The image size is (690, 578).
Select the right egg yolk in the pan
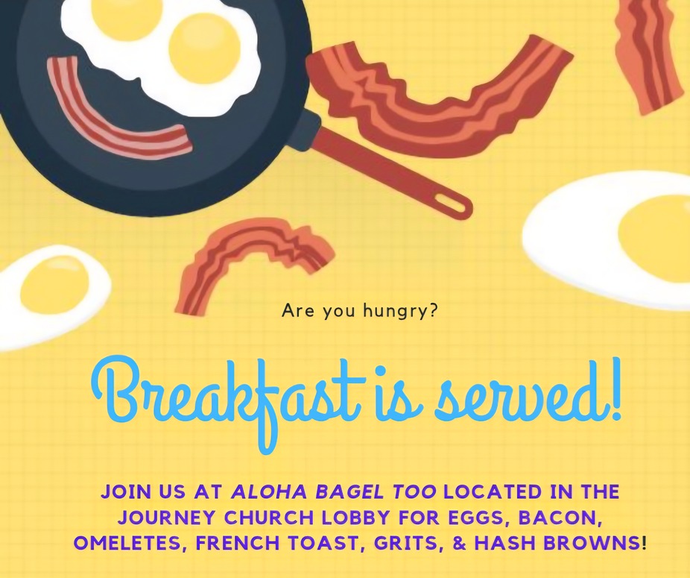205,45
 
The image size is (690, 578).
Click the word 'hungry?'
400,312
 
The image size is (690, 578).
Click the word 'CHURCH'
269,517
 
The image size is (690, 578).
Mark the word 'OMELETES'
127,543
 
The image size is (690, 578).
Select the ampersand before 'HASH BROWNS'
459,543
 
